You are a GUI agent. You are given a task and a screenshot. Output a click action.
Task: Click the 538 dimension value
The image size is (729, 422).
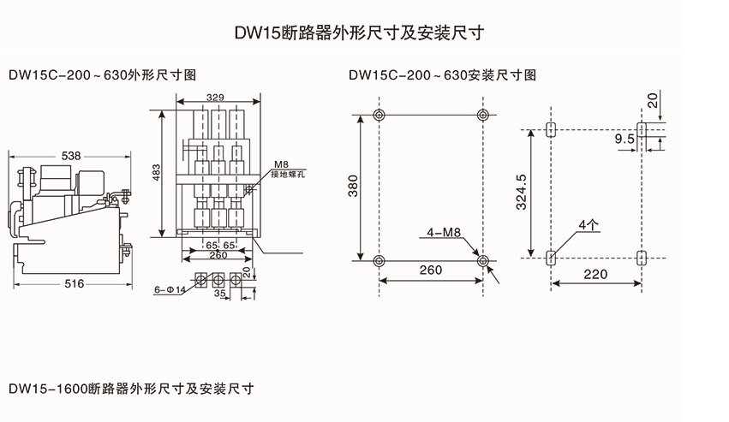(x=72, y=156)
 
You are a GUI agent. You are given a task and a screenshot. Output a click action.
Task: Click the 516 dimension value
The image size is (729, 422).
(x=73, y=283)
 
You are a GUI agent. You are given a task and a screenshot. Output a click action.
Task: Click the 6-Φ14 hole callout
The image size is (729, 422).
(x=171, y=289)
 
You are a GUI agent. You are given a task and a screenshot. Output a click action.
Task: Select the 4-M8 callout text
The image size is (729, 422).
(x=448, y=232)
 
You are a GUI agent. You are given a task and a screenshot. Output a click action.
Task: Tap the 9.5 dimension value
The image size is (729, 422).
(x=624, y=138)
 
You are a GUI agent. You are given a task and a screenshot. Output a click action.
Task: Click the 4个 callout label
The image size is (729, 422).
(x=588, y=224)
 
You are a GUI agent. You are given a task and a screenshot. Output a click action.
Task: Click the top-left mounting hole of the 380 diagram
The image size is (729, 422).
(x=380, y=115)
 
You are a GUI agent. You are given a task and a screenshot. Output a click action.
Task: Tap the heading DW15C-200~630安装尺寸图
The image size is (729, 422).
(x=443, y=74)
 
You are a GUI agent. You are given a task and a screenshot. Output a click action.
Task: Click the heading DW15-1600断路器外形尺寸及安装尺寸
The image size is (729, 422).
(x=131, y=389)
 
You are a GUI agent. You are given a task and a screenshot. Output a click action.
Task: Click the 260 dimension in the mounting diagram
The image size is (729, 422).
(x=431, y=270)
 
